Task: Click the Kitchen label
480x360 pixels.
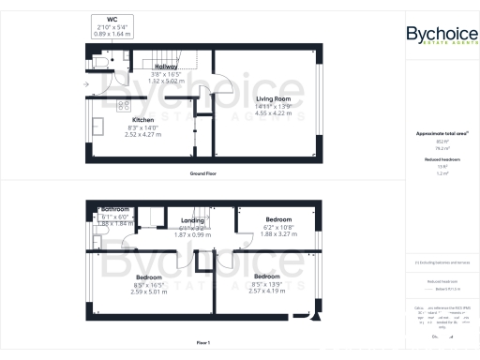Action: [x=142, y=121]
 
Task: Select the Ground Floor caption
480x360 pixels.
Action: [x=202, y=175]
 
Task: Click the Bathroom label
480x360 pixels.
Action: [x=115, y=208]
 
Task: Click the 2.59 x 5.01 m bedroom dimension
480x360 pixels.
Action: [x=149, y=292]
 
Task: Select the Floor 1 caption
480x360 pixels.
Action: [x=202, y=343]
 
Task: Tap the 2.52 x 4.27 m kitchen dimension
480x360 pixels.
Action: [x=142, y=135]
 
